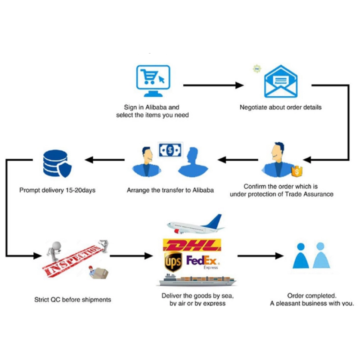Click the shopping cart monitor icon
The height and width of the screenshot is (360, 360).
pos(153,81)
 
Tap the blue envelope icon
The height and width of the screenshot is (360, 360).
pos(281,81)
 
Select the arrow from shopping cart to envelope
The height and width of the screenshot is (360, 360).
pos(213,85)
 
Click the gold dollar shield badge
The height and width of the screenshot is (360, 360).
pos(297,171)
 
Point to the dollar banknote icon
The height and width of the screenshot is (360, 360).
pos(170,150)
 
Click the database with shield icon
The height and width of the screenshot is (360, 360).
pos(58,163)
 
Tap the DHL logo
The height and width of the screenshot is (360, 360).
pos(192,245)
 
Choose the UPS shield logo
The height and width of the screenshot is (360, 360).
pos(173,261)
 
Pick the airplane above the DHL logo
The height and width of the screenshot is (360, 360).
pos(196,225)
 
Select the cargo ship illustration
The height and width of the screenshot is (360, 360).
pos(197,279)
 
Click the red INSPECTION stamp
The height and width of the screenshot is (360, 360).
pos(73,261)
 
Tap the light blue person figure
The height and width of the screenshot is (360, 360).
pos(321,255)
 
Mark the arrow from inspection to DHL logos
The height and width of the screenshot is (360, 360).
pos(131,256)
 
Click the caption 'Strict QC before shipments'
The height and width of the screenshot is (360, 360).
pos(73,300)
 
